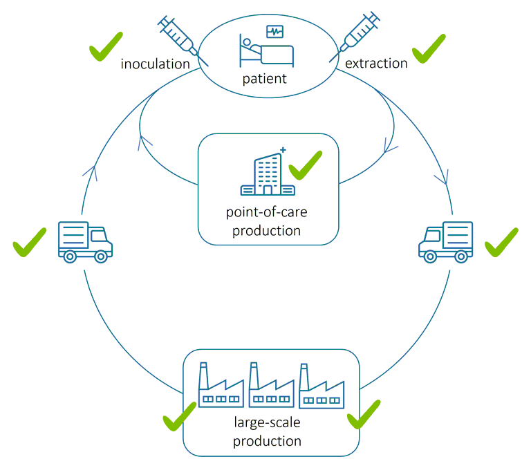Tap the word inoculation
(155, 64)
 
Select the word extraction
(376, 64)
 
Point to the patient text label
(264, 79)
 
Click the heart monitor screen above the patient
(274, 32)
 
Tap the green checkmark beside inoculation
(106, 46)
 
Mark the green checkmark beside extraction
(429, 48)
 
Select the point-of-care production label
(267, 221)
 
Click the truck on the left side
(84, 241)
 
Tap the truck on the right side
(446, 241)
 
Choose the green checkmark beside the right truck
(501, 242)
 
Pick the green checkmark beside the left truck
(30, 242)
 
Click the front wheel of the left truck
(101, 256)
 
